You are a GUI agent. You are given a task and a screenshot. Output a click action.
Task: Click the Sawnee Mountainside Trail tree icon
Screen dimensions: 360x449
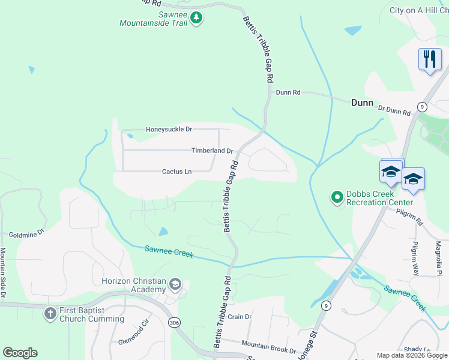[x=196, y=19]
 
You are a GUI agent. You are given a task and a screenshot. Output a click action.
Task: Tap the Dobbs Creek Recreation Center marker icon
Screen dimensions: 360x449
[x=337, y=197]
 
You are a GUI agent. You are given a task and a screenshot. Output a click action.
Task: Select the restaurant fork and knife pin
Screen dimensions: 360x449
[x=429, y=59]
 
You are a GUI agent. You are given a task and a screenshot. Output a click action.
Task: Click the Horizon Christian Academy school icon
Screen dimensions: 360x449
[x=175, y=284]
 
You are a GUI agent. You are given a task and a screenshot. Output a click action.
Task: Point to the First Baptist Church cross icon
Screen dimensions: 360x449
[x=50, y=313]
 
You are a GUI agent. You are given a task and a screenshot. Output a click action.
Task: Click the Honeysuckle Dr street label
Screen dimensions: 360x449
[x=169, y=129]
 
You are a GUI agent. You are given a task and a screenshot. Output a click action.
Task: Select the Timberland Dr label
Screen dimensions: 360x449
[x=211, y=151]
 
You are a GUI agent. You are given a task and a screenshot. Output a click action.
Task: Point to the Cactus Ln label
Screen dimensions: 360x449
[x=176, y=172]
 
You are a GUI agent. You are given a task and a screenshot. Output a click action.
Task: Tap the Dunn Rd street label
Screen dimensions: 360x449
[x=288, y=92]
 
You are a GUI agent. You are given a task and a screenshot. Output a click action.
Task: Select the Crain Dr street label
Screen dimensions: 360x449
[x=239, y=317]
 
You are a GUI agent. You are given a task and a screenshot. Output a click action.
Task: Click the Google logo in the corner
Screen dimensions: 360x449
[x=20, y=353]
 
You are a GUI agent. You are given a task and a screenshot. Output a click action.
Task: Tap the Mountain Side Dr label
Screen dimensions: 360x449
[x=3, y=274]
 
